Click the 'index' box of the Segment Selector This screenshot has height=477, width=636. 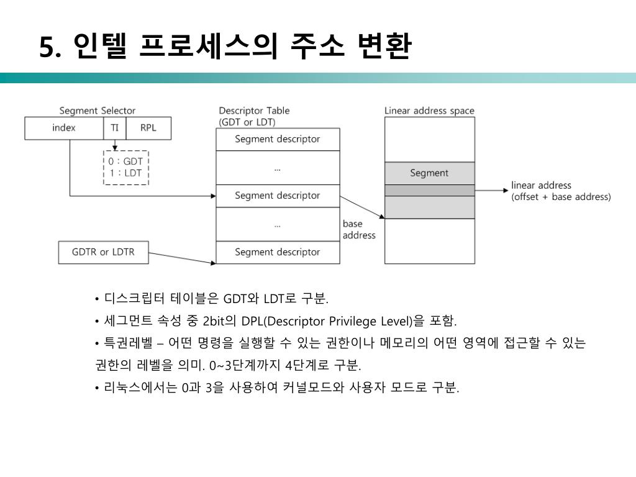[x=63, y=128]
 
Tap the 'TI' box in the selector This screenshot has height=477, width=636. [x=114, y=128]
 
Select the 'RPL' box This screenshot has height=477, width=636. [x=148, y=128]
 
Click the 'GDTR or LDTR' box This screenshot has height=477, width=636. [x=103, y=252]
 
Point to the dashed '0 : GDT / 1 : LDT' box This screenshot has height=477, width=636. [x=126, y=167]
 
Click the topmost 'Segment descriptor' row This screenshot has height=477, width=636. [x=278, y=139]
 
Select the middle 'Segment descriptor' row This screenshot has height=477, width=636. [x=278, y=196]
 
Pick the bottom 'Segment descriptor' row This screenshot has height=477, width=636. [x=278, y=252]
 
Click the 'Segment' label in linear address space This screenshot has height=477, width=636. [x=429, y=173]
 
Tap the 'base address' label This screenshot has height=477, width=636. [x=359, y=229]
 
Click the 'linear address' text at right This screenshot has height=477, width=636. [x=541, y=185]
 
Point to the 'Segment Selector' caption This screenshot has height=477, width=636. [x=98, y=111]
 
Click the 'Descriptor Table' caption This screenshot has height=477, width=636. [x=254, y=111]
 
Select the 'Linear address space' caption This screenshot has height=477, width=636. [x=429, y=111]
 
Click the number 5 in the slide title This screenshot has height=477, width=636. [x=47, y=48]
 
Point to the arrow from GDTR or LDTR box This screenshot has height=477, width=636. [x=182, y=258]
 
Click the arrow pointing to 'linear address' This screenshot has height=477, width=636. [x=491, y=191]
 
